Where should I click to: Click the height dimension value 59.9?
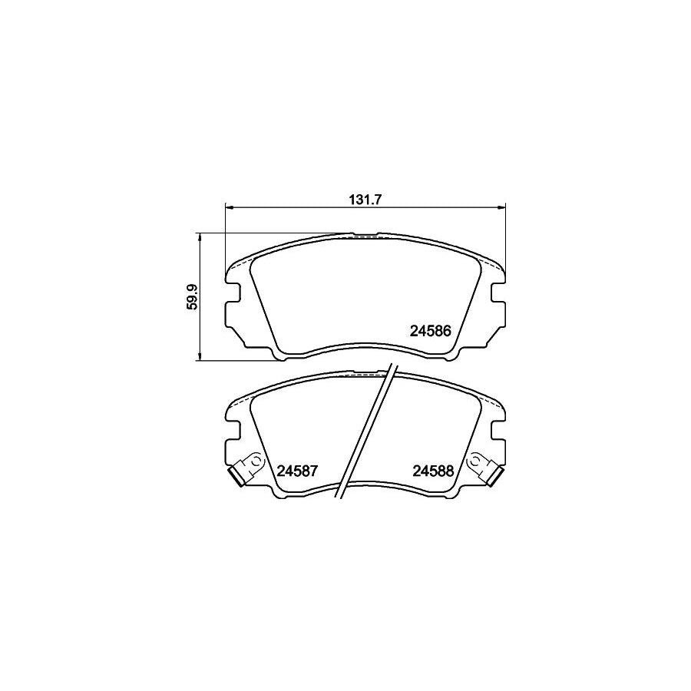click(193, 297)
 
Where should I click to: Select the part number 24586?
click(435, 332)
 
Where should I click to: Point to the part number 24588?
click(435, 470)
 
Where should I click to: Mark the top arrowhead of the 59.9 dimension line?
click(200, 236)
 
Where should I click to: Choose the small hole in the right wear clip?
click(478, 461)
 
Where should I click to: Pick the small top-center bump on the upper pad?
click(365, 232)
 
